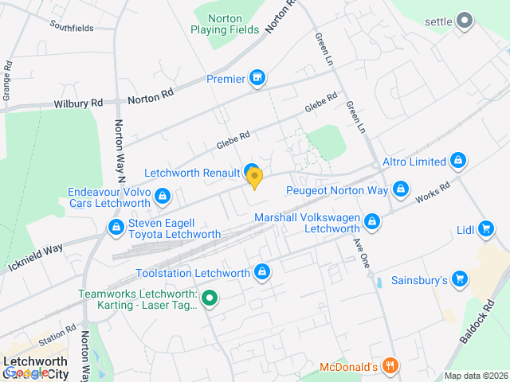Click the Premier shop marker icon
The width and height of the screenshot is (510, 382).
(257, 78)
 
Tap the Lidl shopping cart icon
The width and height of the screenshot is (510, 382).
(486, 230)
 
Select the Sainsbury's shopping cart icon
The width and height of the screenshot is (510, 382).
(459, 279)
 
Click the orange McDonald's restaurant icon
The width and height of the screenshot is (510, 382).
(390, 366)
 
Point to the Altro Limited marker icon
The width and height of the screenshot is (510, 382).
(458, 162)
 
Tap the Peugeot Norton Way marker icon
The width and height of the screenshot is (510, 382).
(401, 190)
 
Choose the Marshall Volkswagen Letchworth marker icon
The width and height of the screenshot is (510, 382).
(371, 222)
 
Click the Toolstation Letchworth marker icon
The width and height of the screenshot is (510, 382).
(261, 273)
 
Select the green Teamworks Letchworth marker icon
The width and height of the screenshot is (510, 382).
(210, 299)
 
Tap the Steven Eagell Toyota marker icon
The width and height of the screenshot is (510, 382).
(116, 228)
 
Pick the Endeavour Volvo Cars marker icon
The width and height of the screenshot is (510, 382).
(163, 195)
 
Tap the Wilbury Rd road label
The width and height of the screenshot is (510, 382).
(78, 103)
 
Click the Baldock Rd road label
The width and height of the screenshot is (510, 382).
(477, 322)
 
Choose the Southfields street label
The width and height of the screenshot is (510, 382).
(71, 28)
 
